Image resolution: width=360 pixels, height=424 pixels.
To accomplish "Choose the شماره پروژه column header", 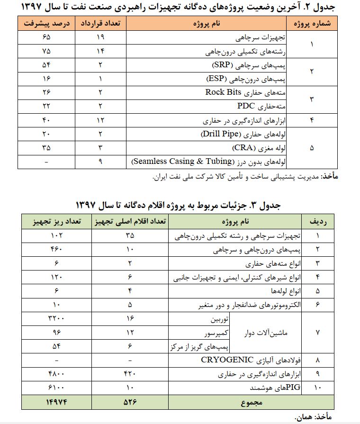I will tap(312, 24).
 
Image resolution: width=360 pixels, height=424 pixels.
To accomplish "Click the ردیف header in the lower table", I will tap(317, 221).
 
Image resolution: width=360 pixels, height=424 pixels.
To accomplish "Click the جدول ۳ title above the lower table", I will tap(180, 205).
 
